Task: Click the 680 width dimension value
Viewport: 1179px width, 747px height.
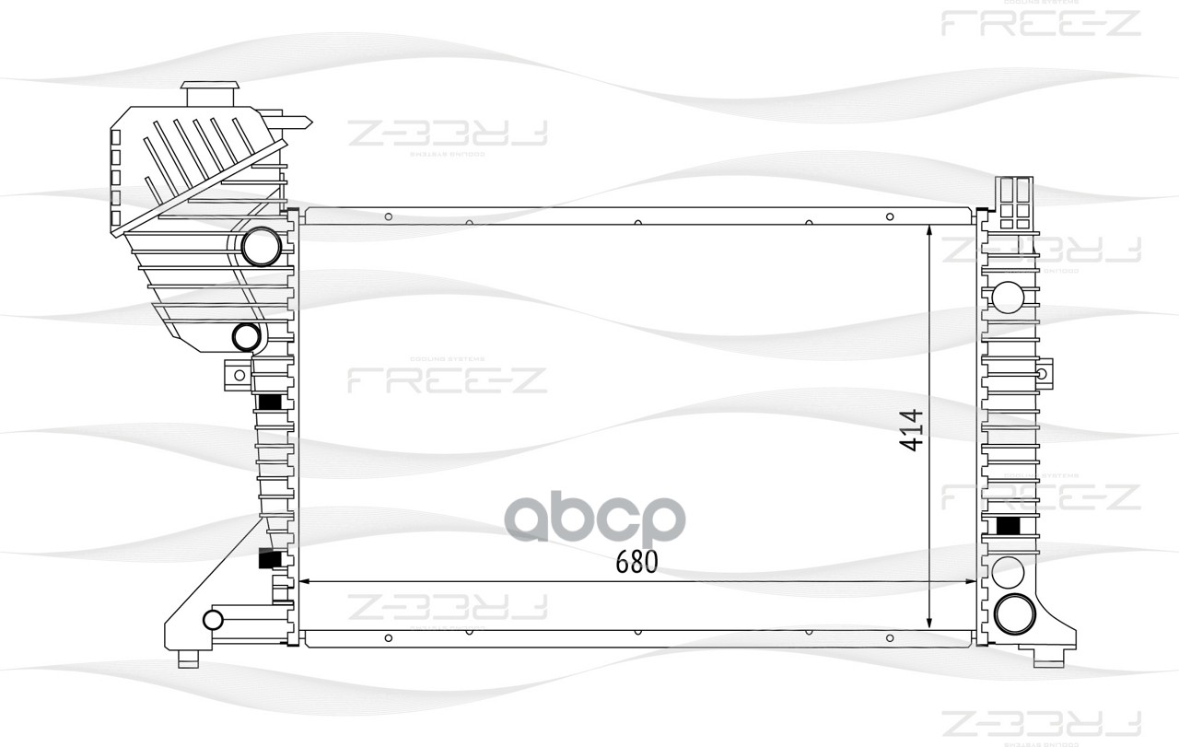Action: pos(636,562)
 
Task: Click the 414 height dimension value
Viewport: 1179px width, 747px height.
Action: pos(911,430)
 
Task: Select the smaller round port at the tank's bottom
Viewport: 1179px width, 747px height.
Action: pos(246,337)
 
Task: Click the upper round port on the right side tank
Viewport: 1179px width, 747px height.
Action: pos(1009,297)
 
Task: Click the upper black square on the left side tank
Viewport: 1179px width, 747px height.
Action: pos(270,403)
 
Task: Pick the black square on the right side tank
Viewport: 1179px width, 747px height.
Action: pos(1010,526)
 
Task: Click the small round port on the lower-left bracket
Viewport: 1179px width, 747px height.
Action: pos(213,619)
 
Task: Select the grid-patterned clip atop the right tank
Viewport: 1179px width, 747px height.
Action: pos(1013,203)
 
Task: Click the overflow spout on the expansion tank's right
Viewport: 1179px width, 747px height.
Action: pos(297,120)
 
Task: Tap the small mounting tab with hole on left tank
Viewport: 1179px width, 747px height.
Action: pos(238,374)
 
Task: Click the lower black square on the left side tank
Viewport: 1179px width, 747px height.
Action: pos(270,559)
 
